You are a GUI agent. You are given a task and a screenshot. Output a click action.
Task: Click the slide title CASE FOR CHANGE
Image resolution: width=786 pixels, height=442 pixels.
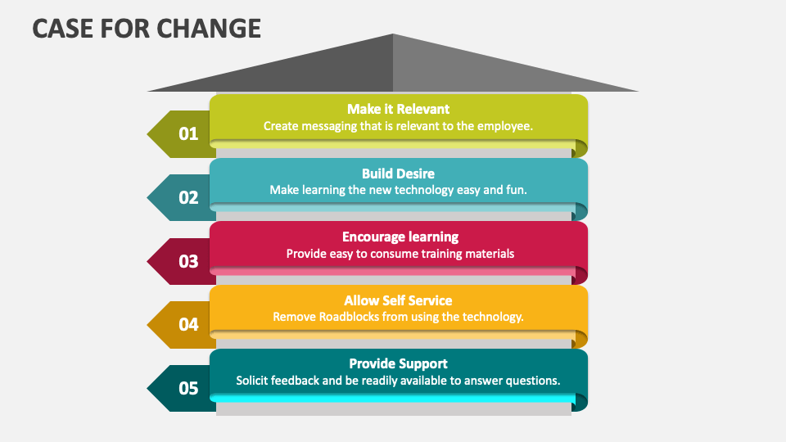coord(147,28)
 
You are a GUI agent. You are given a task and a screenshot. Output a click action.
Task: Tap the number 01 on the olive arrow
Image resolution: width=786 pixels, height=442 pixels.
coord(188,133)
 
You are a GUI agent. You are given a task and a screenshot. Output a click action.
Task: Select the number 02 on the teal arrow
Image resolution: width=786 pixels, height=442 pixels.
coord(188,197)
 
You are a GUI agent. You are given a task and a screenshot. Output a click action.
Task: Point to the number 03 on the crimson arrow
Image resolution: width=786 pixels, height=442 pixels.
coord(188,261)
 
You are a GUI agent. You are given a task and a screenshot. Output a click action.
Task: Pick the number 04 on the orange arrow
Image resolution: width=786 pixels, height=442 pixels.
coord(188,325)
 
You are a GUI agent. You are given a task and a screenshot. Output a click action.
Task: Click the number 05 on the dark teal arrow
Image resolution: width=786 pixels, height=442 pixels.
coord(188,388)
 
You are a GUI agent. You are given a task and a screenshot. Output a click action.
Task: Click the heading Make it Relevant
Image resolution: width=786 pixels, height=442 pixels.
coord(399,109)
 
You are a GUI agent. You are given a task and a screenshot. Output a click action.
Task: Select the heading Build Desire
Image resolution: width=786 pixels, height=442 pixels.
coord(399,174)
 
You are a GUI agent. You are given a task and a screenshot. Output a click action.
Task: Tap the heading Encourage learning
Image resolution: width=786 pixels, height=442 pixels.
coord(400,237)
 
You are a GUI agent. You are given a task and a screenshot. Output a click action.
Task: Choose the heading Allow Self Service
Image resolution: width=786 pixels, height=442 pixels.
coord(398,300)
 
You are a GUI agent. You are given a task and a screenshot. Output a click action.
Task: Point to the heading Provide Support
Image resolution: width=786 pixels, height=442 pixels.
coord(399,363)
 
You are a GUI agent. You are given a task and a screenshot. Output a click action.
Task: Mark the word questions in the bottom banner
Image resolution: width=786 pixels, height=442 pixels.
coord(532,381)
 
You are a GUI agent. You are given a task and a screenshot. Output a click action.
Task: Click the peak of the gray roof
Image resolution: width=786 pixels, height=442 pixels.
coord(393,34)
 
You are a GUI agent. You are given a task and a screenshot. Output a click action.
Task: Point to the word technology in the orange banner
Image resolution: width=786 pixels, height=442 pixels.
coord(493,318)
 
